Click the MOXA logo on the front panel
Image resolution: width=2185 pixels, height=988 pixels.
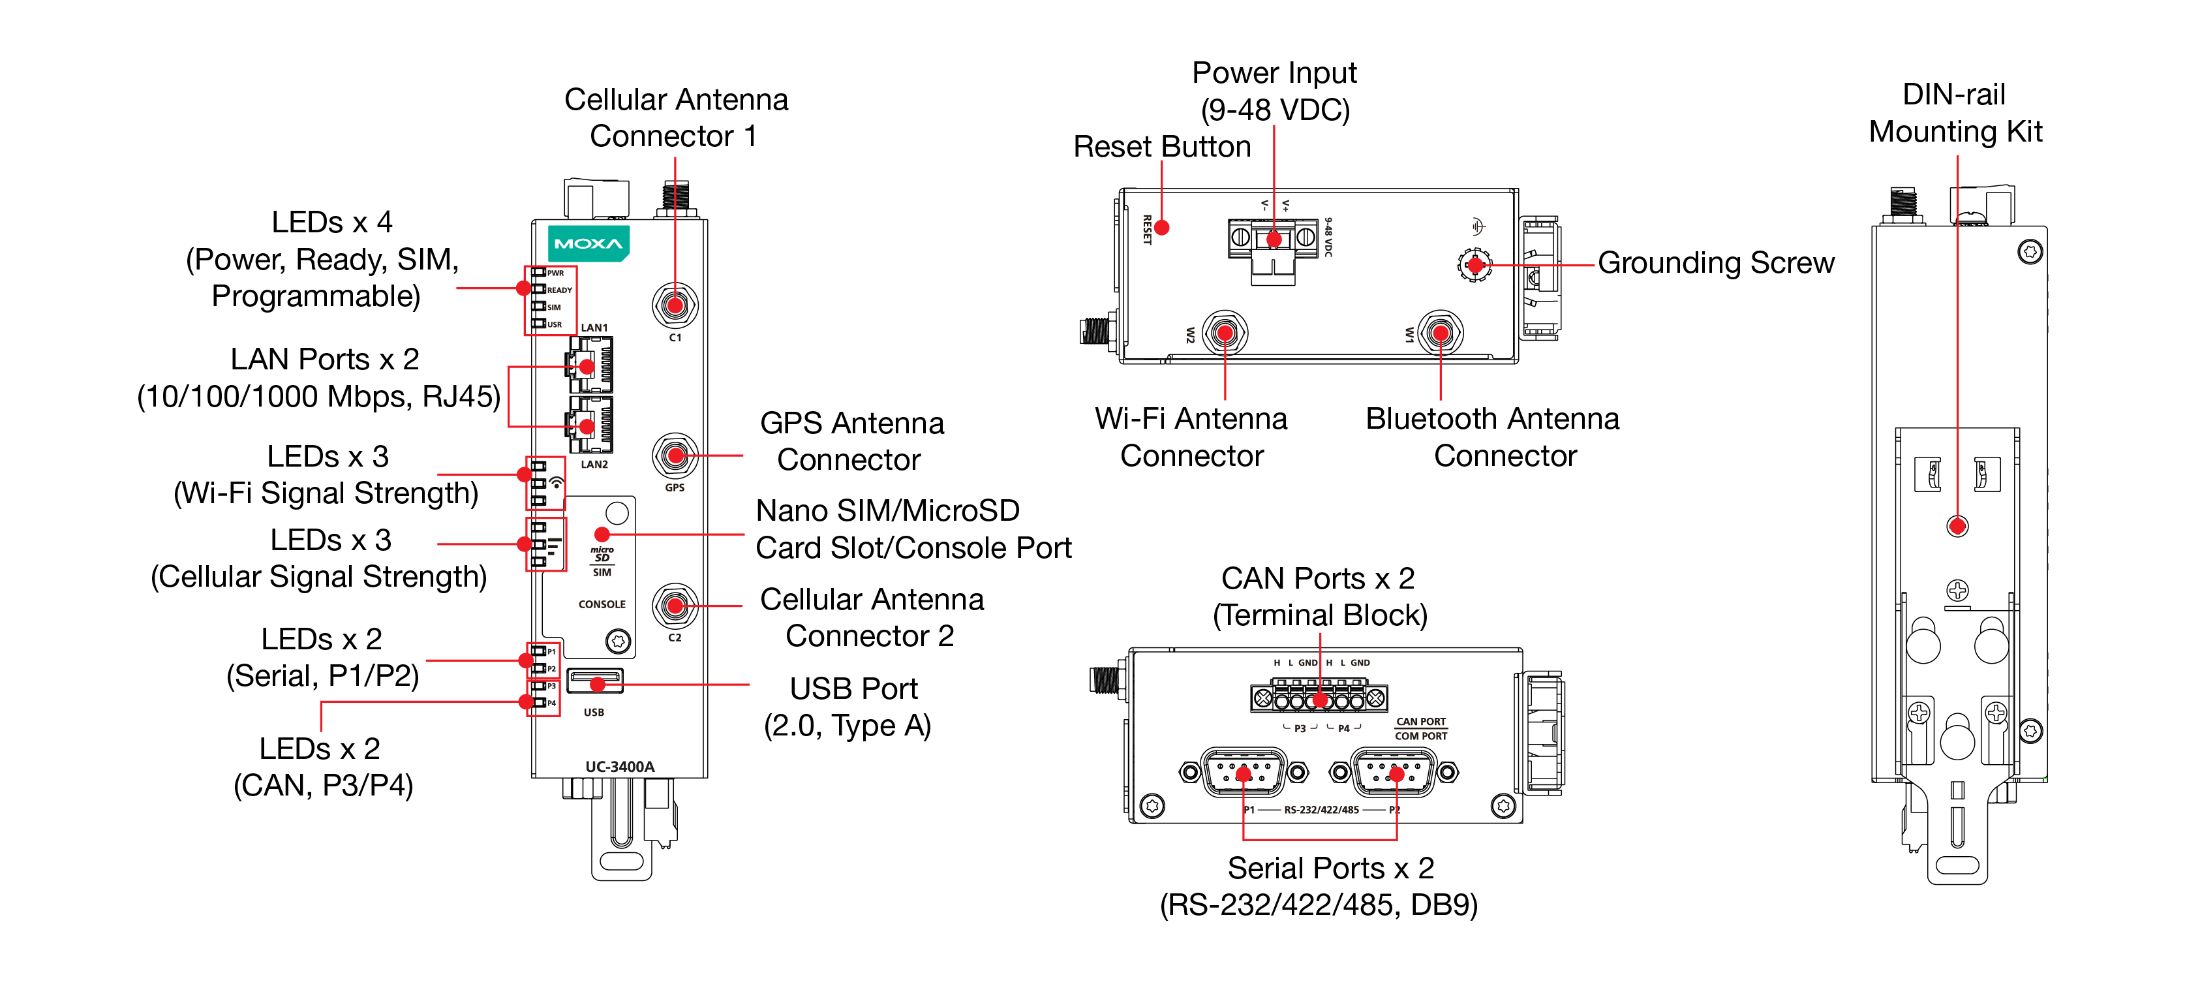click(588, 243)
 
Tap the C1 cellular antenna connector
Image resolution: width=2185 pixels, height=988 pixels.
click(675, 305)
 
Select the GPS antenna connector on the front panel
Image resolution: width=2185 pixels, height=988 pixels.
click(675, 455)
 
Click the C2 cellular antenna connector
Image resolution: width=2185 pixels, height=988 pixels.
click(675, 606)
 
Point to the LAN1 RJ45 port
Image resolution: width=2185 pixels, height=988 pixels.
click(590, 365)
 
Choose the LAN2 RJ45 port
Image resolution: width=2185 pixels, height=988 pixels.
click(590, 425)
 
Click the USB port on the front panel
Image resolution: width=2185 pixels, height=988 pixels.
click(594, 682)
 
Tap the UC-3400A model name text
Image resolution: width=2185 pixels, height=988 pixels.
click(620, 767)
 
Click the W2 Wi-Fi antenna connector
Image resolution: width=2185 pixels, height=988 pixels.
click(1224, 333)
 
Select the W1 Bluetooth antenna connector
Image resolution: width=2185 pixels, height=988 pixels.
click(1441, 333)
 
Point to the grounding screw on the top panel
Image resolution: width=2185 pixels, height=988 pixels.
click(1475, 264)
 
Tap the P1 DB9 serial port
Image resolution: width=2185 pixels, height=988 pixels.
click(1244, 773)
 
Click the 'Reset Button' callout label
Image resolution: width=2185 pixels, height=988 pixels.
click(1161, 147)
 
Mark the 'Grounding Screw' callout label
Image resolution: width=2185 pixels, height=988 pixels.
click(1715, 263)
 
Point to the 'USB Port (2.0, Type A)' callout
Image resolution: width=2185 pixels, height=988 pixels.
click(849, 707)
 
